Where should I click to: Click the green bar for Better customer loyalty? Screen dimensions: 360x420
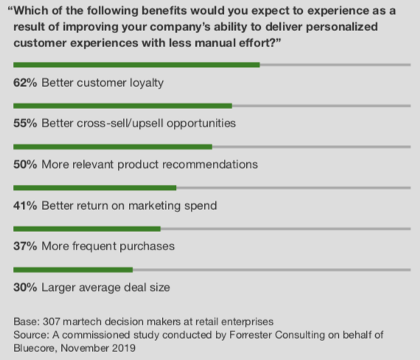[136, 65]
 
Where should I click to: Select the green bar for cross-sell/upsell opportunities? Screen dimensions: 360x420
[122, 106]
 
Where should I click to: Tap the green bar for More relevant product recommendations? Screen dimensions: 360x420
[113, 147]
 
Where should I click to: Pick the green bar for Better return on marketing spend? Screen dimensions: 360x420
[95, 188]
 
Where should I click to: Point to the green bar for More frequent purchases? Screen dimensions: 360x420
[87, 229]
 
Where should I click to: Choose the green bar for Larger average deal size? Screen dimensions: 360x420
[73, 269]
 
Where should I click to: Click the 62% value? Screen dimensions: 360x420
[26, 83]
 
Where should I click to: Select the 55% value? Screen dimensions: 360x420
[26, 124]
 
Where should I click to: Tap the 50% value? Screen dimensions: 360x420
[26, 165]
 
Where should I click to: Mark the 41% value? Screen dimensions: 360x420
[26, 206]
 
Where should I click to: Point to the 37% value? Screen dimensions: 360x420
[26, 247]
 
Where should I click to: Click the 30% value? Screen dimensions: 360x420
[26, 288]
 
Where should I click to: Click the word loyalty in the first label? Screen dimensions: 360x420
[144, 83]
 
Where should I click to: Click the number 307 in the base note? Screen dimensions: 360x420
[50, 322]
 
